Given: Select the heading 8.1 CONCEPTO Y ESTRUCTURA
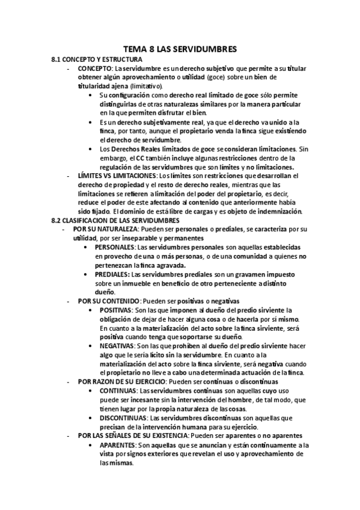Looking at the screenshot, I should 97,60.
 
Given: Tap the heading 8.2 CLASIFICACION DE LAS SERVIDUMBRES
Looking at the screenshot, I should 112,221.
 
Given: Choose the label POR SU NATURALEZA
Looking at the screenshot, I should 106,229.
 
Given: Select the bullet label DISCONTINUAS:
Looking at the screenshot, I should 123,417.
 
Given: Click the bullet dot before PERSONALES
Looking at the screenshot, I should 89,248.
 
